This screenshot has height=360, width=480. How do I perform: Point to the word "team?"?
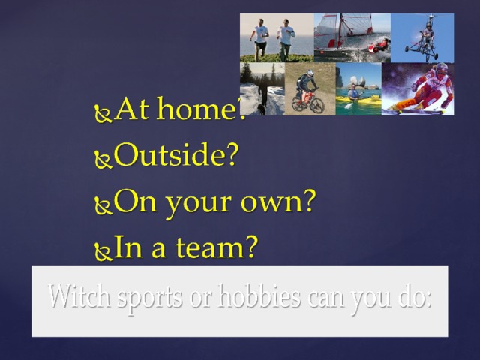click(217, 247)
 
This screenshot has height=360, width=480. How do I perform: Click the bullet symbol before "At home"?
click(103, 113)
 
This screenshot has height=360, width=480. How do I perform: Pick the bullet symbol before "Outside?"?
click(103, 159)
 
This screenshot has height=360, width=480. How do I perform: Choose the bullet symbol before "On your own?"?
click(103, 205)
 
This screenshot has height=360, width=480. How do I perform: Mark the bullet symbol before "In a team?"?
click(103, 251)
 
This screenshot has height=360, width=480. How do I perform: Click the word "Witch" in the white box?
click(79, 295)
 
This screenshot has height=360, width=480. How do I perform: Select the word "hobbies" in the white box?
click(259, 296)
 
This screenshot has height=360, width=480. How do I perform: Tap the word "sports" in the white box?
click(149, 298)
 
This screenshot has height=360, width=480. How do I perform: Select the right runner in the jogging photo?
click(286, 40)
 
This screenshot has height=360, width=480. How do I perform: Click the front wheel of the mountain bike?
click(316, 104)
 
